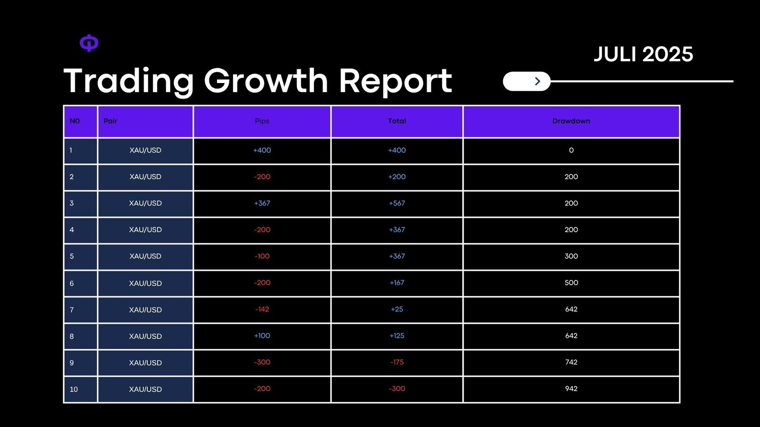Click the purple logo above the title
click(x=89, y=43)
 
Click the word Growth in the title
click(x=266, y=81)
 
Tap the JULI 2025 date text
click(x=643, y=54)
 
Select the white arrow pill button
click(x=526, y=81)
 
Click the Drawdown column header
click(x=571, y=121)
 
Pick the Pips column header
click(x=262, y=121)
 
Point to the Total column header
click(x=397, y=121)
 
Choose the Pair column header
click(x=110, y=121)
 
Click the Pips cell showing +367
click(x=262, y=203)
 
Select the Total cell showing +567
click(x=397, y=203)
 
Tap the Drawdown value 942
click(x=571, y=389)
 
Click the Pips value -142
click(x=262, y=309)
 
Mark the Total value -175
click(x=397, y=362)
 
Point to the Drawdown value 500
click(x=571, y=283)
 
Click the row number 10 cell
click(x=74, y=389)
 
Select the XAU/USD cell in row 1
click(x=145, y=150)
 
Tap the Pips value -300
click(x=262, y=362)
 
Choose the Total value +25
click(x=397, y=309)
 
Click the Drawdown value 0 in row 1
click(x=571, y=150)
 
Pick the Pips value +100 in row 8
click(x=262, y=336)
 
